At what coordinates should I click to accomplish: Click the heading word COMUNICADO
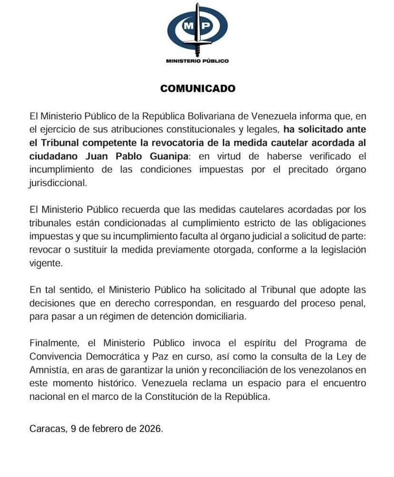coord(197,88)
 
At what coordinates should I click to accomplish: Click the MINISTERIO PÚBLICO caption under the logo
coord(197,61)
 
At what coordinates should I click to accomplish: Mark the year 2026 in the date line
coord(151,428)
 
